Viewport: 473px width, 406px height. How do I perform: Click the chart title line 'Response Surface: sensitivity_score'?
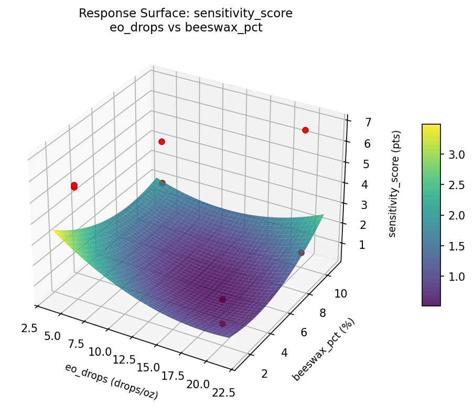[x=186, y=14]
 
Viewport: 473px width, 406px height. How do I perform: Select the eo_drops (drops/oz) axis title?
[x=111, y=381]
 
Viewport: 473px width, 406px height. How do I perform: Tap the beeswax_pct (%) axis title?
[x=324, y=349]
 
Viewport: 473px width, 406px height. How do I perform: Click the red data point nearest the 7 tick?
[x=305, y=130]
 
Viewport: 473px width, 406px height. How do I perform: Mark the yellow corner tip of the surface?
[x=53, y=230]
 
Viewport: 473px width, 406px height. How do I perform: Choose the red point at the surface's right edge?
[x=301, y=253]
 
